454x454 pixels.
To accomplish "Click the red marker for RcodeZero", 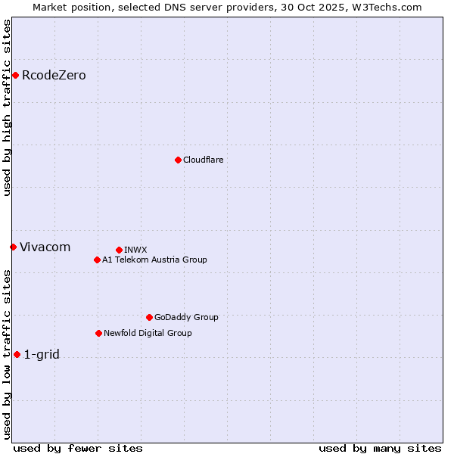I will click(x=15, y=75).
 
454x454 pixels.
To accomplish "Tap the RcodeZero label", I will click(x=54, y=75).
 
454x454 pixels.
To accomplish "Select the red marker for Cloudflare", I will click(x=178, y=160).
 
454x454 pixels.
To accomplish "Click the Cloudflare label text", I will click(x=203, y=160).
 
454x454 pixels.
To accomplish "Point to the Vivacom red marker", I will click(x=13, y=247).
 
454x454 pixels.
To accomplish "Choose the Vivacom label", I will click(x=45, y=247).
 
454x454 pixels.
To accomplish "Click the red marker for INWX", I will click(x=119, y=250).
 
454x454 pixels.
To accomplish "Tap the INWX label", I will click(x=135, y=250).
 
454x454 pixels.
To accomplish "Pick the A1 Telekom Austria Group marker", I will click(x=97, y=260).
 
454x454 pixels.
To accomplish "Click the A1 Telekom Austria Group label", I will click(x=154, y=260).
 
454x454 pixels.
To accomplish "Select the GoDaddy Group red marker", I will click(x=149, y=317).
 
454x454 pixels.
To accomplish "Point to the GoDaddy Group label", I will click(x=185, y=317).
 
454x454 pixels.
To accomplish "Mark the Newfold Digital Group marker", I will click(x=98, y=333).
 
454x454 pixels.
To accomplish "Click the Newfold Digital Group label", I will click(x=148, y=333).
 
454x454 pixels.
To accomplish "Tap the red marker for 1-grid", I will click(x=17, y=354).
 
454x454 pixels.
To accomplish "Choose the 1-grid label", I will click(x=42, y=354).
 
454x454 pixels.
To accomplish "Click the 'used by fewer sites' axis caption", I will click(x=78, y=448).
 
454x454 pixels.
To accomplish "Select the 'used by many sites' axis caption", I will click(x=380, y=448).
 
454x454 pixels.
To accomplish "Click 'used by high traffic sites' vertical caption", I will click(x=7, y=107).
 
